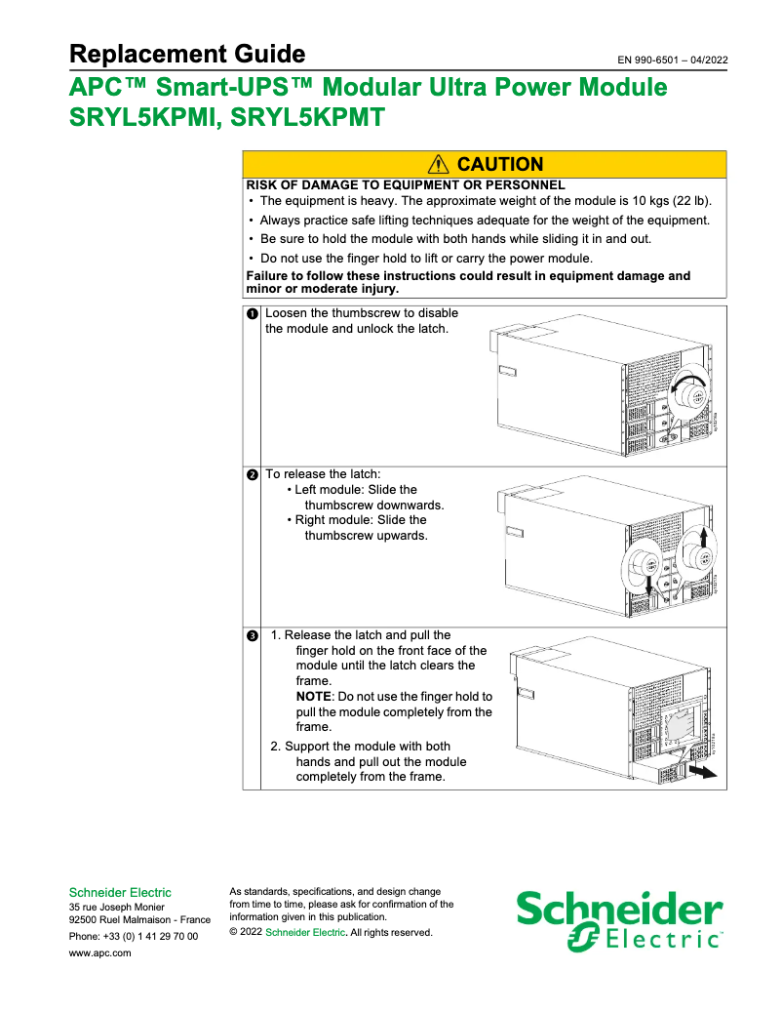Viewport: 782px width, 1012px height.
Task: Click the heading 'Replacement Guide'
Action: tap(187, 54)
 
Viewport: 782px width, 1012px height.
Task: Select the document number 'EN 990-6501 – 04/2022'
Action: tap(672, 61)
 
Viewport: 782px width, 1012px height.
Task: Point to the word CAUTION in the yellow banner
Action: tap(499, 165)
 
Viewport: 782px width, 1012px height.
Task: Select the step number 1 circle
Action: tap(252, 314)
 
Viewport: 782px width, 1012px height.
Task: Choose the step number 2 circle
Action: tap(252, 475)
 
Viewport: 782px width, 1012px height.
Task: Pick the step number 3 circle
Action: tap(252, 636)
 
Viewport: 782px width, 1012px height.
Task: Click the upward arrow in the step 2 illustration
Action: tap(703, 538)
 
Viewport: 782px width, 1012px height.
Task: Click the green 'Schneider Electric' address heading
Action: tap(120, 892)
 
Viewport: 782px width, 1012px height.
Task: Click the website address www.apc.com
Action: tap(100, 953)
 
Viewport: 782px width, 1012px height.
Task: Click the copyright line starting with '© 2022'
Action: tap(331, 933)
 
